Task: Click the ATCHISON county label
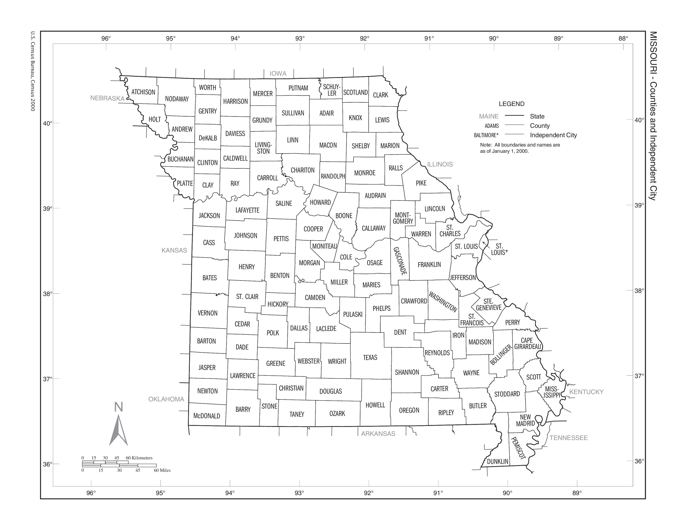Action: [143, 92]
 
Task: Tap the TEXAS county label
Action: [370, 357]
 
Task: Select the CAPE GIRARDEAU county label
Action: [528, 344]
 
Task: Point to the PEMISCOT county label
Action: [518, 448]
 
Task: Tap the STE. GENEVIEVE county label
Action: [489, 304]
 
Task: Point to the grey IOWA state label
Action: [278, 73]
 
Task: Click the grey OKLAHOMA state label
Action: [166, 399]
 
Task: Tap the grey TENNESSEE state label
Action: [569, 438]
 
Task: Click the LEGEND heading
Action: [511, 104]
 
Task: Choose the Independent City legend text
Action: [553, 135]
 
